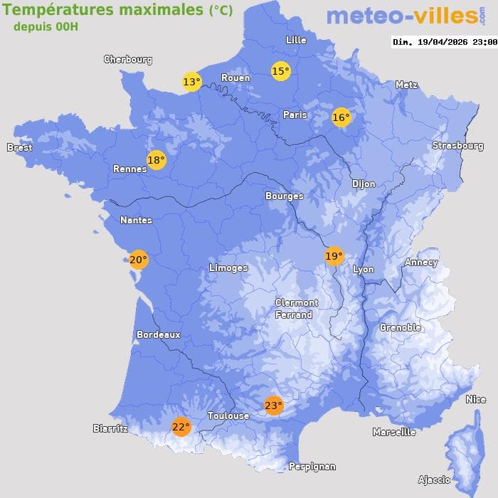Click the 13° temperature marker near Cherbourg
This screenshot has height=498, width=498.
point(191,82)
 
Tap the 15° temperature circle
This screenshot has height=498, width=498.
point(281,70)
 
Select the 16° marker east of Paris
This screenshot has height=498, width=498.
point(341,117)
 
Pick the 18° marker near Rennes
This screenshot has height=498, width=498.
point(156,160)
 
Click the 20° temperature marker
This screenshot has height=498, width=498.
point(138,260)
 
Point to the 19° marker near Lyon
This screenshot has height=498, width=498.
point(334,256)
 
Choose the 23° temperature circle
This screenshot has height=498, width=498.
point(273,406)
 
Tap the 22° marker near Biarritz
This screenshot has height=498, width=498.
point(181,426)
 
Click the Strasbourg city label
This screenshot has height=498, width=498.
point(457,146)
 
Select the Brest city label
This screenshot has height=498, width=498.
point(19,147)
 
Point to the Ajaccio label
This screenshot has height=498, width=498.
point(434,480)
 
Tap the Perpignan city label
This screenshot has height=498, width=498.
point(312,467)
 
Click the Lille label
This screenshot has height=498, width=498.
point(295,40)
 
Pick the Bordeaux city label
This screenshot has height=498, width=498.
point(158,334)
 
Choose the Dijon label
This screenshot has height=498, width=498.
point(364,184)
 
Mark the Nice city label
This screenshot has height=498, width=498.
point(476,399)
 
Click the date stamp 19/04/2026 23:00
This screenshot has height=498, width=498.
point(445,42)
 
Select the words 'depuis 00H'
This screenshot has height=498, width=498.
point(46,26)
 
